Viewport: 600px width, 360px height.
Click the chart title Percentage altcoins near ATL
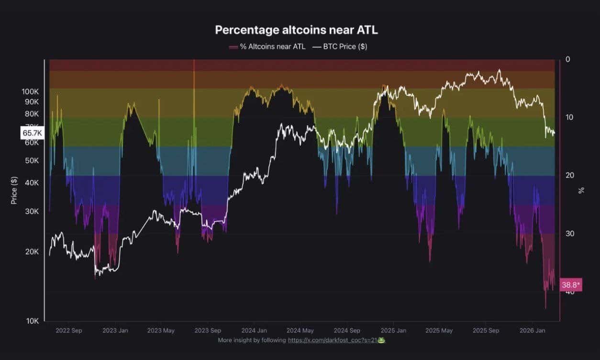296,30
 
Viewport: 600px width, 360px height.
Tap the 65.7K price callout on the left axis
32,133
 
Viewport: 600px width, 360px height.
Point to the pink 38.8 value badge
570,285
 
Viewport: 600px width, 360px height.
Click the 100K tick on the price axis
30,91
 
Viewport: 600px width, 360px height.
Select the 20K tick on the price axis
32,252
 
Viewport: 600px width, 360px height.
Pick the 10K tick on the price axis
32,321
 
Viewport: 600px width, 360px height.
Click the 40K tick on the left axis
32,182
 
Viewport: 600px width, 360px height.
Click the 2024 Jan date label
254,330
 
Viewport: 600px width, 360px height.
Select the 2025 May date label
439,330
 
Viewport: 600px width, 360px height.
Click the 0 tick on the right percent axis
567,59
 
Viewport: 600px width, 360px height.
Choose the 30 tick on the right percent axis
569,234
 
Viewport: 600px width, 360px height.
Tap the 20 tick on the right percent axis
569,176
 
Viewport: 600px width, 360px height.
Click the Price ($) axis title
14,190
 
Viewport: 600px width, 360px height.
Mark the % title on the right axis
581,190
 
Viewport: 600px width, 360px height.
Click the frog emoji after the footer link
382,340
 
